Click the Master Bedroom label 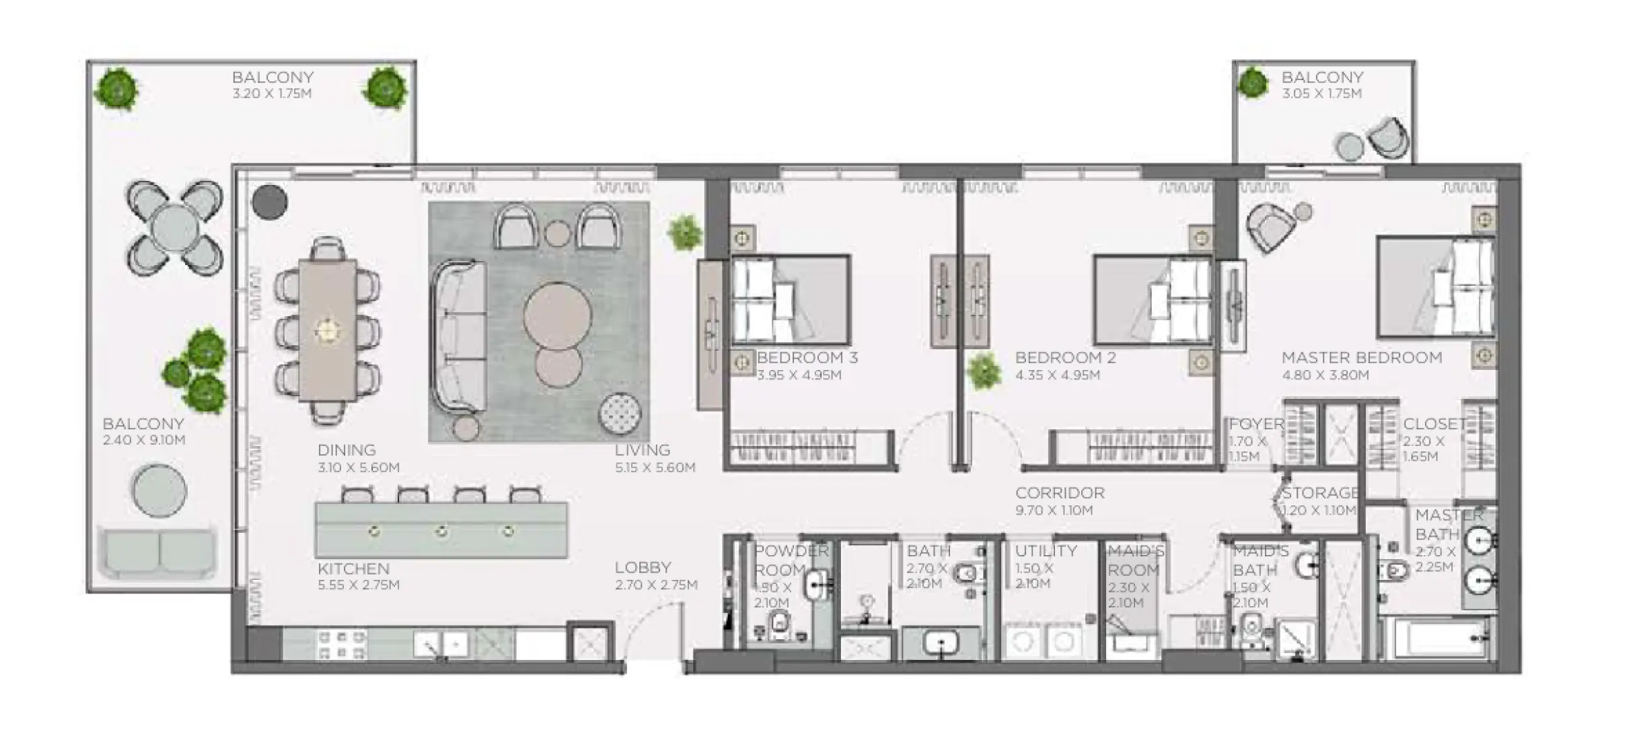coord(1361,358)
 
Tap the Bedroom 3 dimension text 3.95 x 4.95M coord(799,375)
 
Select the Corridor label coord(1060,493)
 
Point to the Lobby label coord(643,568)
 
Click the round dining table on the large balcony coord(174,228)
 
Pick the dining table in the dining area coord(328,330)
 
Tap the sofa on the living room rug coord(460,336)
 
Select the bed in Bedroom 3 coord(791,300)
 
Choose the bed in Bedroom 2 coord(1153,300)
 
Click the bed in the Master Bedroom coord(1435,287)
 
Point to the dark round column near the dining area coord(270,201)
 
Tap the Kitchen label coord(353,569)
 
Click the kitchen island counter coord(441,530)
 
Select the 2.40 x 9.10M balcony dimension coord(143,440)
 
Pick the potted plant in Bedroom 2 coord(983,371)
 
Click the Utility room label coord(1046,551)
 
